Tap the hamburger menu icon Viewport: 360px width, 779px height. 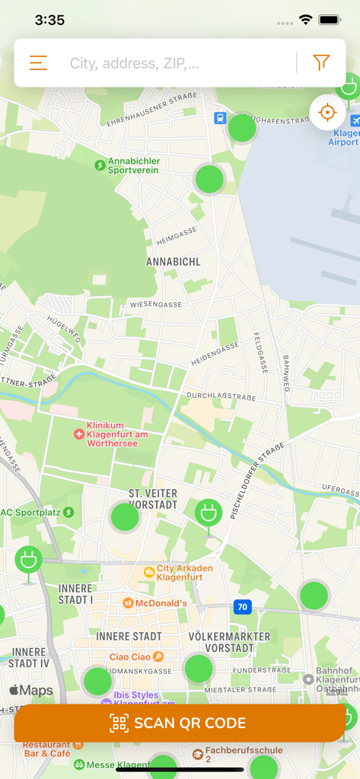[38, 63]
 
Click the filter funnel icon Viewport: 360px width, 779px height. [321, 63]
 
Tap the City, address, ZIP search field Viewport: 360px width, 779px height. [175, 63]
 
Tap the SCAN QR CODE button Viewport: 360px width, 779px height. [180, 723]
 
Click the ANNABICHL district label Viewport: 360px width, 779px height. [174, 262]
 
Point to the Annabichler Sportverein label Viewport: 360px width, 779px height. [133, 165]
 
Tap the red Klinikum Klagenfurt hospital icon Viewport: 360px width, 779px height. [78, 434]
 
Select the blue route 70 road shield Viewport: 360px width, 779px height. [242, 606]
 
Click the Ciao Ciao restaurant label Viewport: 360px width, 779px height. [130, 657]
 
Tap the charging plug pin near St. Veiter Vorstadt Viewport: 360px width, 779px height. [208, 513]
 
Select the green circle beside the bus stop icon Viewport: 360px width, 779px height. [243, 128]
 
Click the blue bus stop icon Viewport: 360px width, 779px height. [220, 118]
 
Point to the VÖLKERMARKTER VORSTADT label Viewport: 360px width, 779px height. [229, 642]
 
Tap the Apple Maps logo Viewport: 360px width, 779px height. [31, 691]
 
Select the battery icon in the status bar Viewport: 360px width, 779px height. [329, 20]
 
